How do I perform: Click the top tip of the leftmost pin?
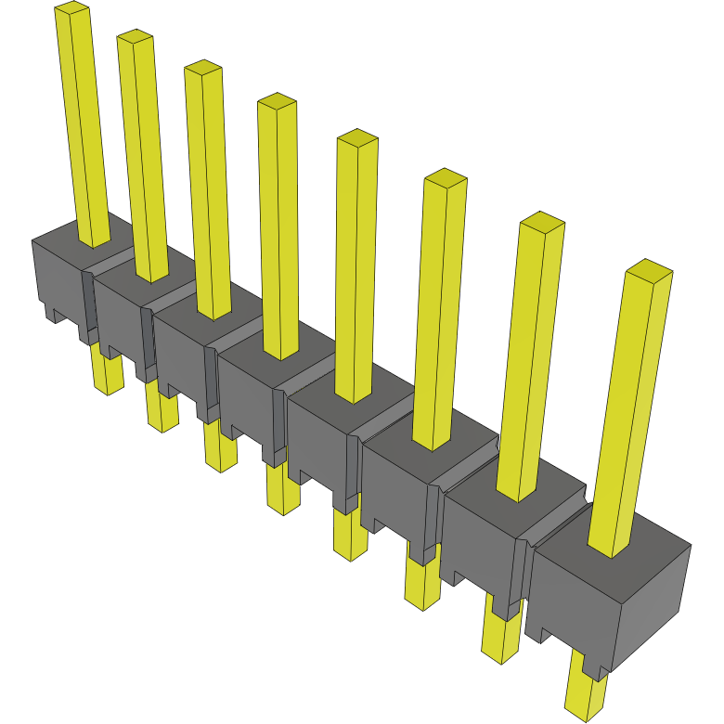[71, 9]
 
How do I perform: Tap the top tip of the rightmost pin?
[648, 270]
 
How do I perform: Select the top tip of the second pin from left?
[135, 37]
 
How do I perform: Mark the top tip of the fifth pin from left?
[357, 138]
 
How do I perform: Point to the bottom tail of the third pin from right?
[421, 585]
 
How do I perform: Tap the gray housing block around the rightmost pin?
[575, 594]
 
